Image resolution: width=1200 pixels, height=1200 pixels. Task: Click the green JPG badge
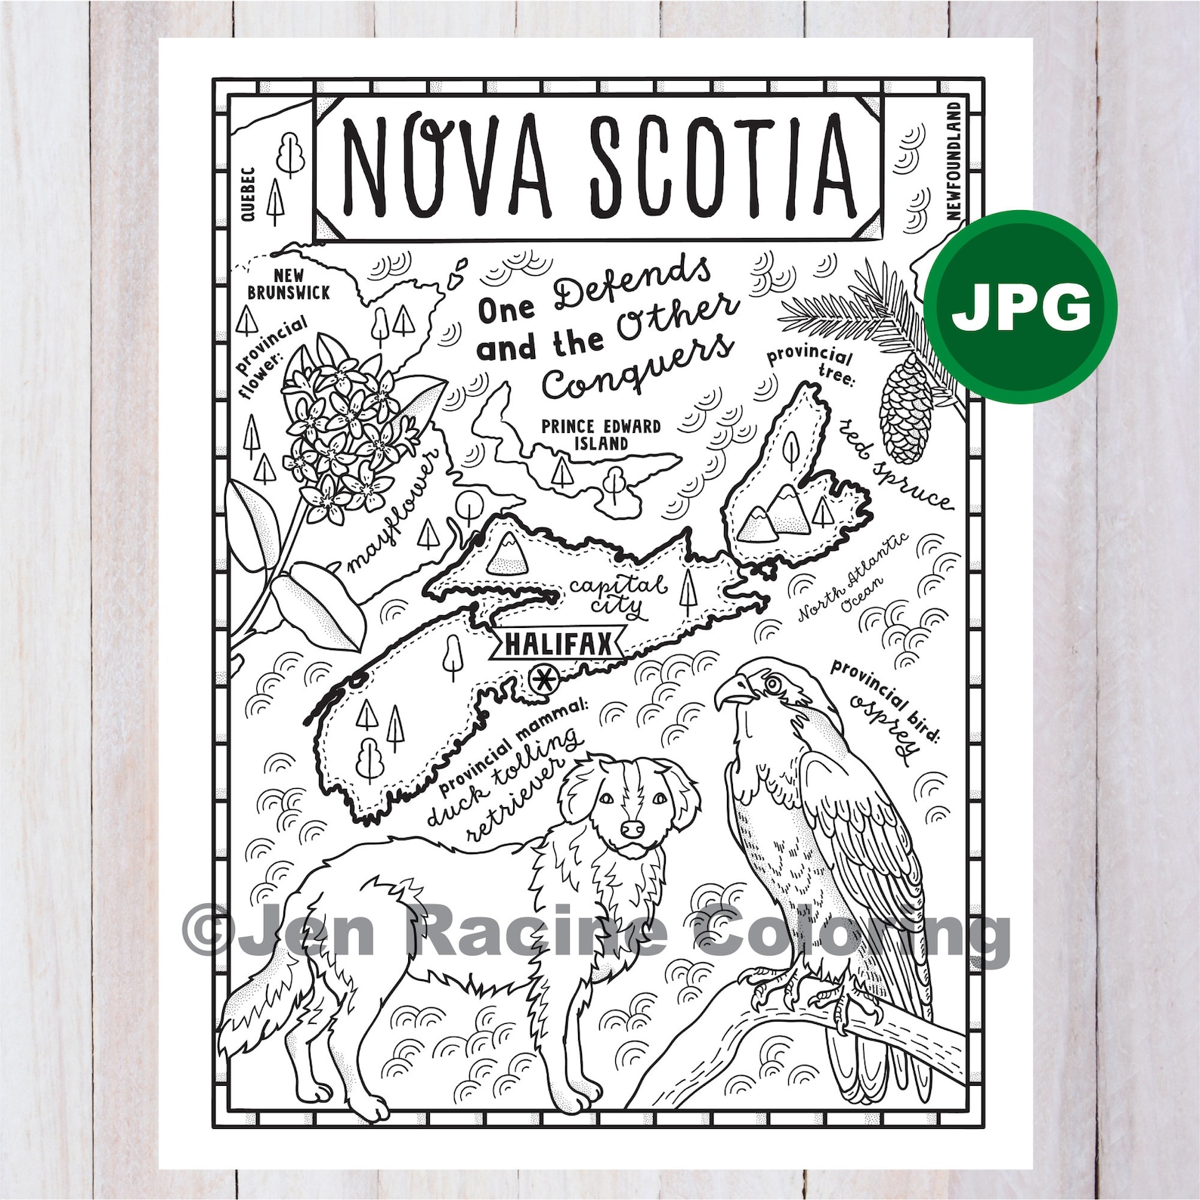tap(1021, 305)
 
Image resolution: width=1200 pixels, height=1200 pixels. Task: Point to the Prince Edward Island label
tap(601, 435)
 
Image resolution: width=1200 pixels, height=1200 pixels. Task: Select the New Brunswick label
tap(289, 284)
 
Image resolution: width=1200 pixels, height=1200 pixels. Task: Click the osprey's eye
tap(772, 685)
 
